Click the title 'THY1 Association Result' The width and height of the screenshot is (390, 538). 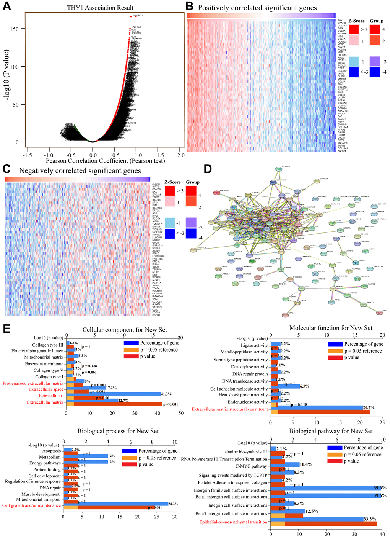click(x=100, y=8)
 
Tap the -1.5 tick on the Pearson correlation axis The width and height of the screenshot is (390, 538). click(x=27, y=155)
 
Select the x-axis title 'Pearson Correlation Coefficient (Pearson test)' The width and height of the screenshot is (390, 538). click(x=106, y=161)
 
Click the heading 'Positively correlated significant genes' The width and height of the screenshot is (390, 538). click(x=257, y=8)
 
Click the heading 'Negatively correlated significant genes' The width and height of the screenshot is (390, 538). click(x=80, y=171)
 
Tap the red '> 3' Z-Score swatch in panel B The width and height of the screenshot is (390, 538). click(x=354, y=29)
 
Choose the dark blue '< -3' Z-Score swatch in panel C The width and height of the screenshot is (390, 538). click(x=170, y=234)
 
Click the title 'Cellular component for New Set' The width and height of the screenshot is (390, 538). click(x=125, y=330)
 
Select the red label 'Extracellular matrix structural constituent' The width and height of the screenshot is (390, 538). click(x=230, y=409)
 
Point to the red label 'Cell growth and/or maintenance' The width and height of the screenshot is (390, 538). click(x=31, y=505)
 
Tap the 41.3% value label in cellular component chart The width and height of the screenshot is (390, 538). click(x=166, y=394)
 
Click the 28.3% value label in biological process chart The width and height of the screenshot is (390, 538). click(x=174, y=504)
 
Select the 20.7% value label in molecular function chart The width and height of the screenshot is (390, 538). click(x=369, y=407)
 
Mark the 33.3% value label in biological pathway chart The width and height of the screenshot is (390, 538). click(x=369, y=519)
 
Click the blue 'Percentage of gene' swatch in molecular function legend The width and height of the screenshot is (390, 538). click(x=335, y=344)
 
